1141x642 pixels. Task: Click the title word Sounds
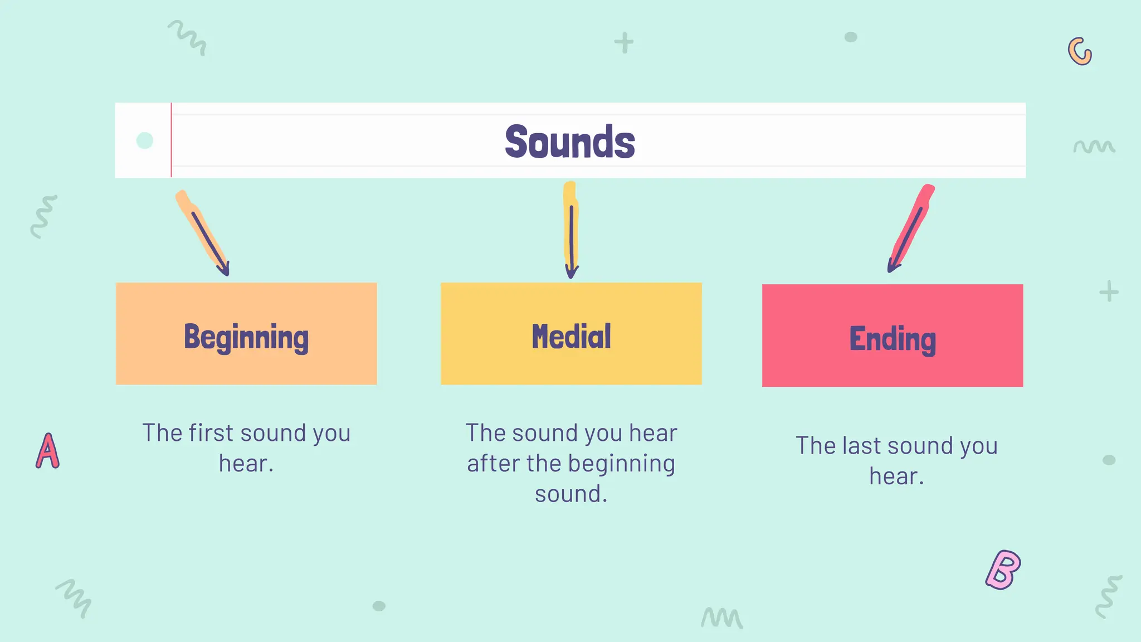click(x=569, y=142)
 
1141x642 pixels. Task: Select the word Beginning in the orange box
click(x=246, y=337)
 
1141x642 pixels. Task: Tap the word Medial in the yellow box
click(x=571, y=337)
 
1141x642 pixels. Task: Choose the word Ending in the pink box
click(x=893, y=339)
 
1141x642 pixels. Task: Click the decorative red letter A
click(x=48, y=451)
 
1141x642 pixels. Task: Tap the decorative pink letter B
click(x=1003, y=570)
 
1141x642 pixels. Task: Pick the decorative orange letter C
click(x=1080, y=52)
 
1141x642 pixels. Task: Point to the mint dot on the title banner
click(x=145, y=140)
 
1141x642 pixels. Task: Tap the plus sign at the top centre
click(x=624, y=43)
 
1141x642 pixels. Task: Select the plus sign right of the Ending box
click(x=1109, y=291)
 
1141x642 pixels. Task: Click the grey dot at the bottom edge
click(x=379, y=606)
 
